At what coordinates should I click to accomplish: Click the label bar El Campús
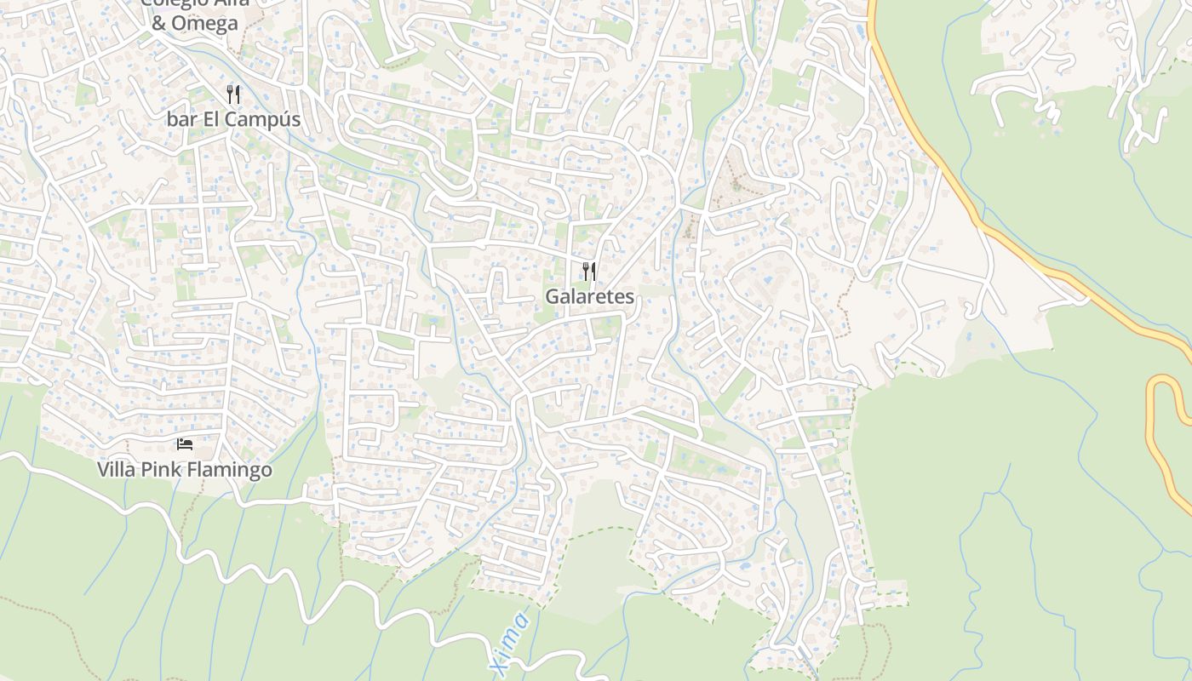[x=233, y=119]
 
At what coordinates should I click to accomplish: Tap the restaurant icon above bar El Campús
[x=233, y=94]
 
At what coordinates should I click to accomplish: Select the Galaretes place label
[x=589, y=296]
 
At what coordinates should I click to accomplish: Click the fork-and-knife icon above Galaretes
[x=588, y=272]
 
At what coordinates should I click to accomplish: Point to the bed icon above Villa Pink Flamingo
[x=185, y=444]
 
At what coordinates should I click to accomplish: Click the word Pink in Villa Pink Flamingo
[x=159, y=470]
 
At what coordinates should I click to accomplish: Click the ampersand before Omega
[x=159, y=23]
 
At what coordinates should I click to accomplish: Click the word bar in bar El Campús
[x=181, y=119]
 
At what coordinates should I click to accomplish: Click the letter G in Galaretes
[x=553, y=296]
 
